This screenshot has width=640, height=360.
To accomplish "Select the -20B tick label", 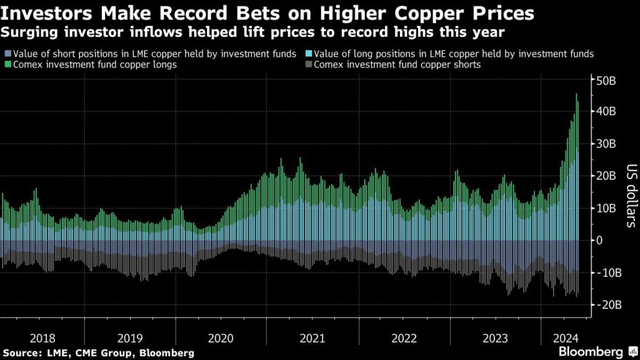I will (x=610, y=305).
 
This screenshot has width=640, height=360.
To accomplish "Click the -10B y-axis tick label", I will (x=610, y=273).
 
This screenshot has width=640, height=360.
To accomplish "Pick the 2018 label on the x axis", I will (x=42, y=338).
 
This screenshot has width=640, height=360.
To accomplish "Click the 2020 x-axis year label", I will (x=220, y=338).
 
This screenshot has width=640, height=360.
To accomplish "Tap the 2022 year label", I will (x=404, y=338).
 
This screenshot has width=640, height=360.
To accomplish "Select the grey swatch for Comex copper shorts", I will (x=310, y=64).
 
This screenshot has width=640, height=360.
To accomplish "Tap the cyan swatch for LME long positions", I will (x=310, y=54).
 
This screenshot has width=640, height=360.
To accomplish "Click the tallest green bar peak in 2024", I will (x=576, y=95).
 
